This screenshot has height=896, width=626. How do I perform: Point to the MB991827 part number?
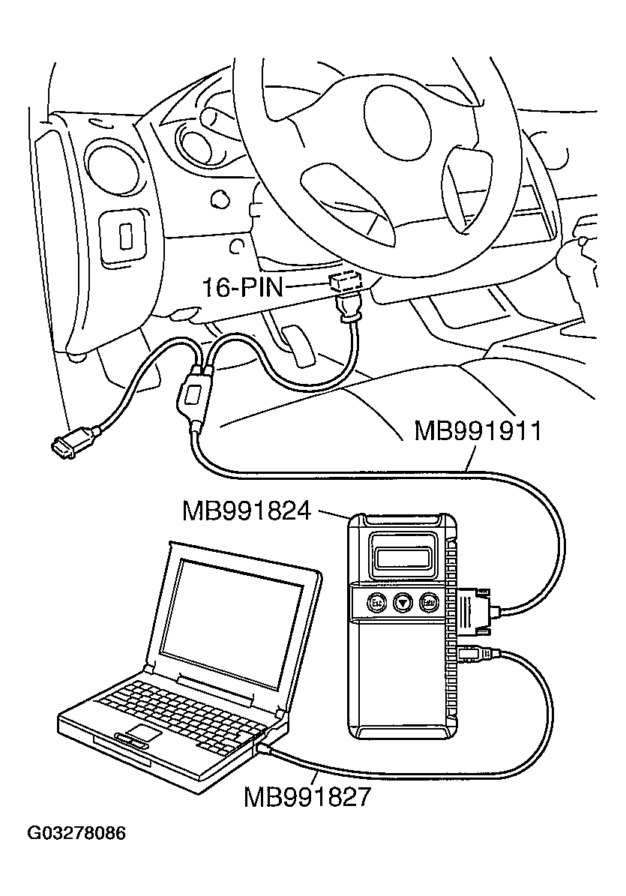pyautogui.click(x=307, y=796)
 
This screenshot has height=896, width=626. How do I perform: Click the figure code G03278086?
pyautogui.click(x=76, y=834)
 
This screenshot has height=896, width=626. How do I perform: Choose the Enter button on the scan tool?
pyautogui.click(x=429, y=601)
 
